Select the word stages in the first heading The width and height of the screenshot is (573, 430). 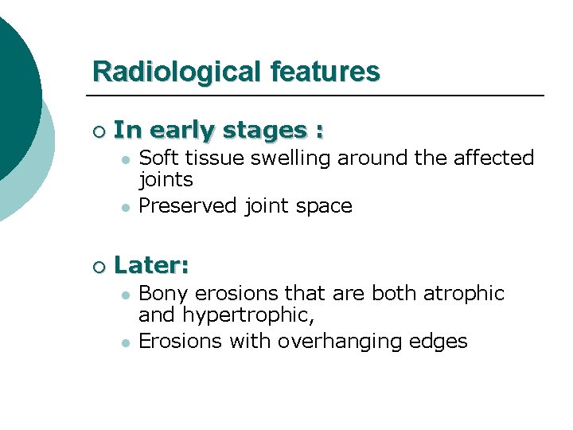click(267, 131)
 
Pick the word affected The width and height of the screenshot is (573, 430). click(493, 158)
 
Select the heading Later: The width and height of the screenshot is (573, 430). click(151, 266)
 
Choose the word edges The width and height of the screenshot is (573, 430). click(440, 342)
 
